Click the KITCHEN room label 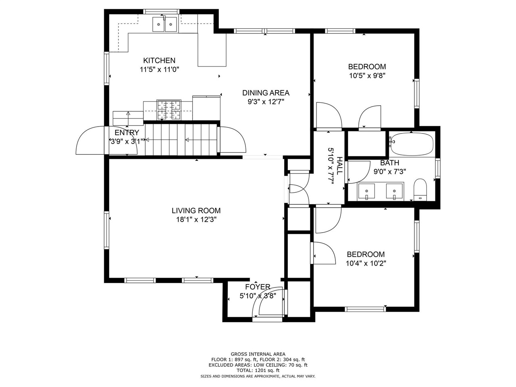coord(159,60)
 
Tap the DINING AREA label coord(266,93)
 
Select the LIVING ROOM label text coord(196,210)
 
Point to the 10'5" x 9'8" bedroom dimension coord(367,76)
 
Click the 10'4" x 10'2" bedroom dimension coord(366,263)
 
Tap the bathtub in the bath coord(411,144)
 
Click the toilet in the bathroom coord(420,189)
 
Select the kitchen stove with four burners coord(169,110)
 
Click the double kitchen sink coord(164,24)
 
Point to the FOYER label coord(258,287)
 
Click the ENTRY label coord(127,133)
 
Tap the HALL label coord(339,166)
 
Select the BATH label coord(389,162)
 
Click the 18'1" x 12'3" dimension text coord(196,219)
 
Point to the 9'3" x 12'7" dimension coord(266,102)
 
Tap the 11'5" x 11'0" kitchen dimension coord(159,70)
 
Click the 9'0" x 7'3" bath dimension coord(390,172)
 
